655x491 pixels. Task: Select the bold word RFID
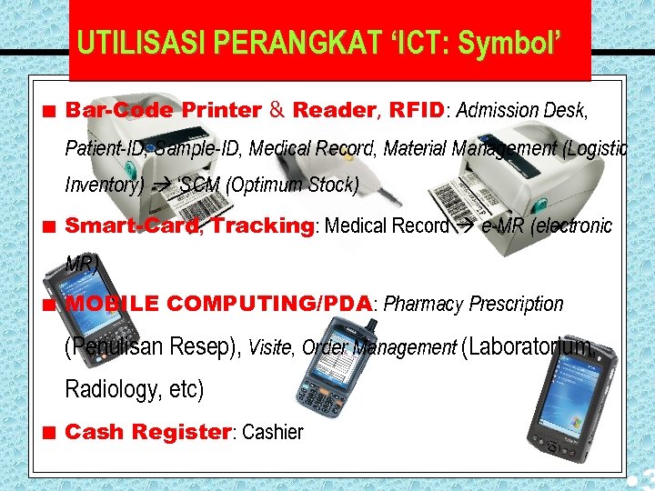click(417, 111)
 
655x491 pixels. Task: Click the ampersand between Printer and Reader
click(277, 111)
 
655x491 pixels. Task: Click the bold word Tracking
click(262, 225)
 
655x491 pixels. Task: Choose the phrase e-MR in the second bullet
click(499, 225)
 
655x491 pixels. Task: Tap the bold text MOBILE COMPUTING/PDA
click(218, 304)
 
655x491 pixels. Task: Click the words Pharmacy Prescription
click(474, 304)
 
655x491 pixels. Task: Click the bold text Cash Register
click(148, 432)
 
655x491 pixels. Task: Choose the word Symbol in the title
click(509, 42)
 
